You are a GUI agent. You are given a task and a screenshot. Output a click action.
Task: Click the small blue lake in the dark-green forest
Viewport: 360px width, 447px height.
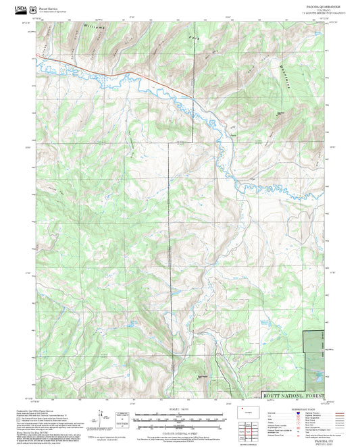315,373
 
